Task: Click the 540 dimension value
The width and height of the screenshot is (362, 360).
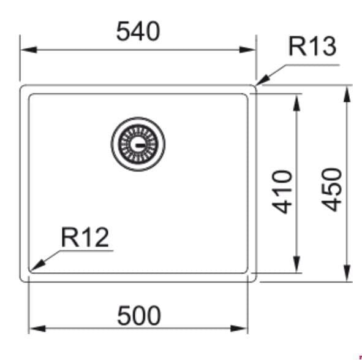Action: pos(138,31)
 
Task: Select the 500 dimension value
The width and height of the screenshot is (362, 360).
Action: pos(139,315)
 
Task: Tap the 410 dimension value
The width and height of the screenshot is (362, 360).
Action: pos(282,192)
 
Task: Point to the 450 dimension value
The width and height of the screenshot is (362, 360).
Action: pos(332,190)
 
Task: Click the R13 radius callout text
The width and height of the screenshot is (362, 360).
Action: pos(312,46)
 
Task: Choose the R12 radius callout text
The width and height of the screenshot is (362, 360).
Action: pos(85,237)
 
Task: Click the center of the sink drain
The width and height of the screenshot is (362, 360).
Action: pos(138,144)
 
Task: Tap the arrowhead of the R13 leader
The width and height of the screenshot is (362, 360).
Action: pos(263,81)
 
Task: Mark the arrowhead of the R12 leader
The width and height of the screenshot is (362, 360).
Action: pos(37,266)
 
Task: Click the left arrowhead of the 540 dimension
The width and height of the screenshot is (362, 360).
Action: pos(29,50)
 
